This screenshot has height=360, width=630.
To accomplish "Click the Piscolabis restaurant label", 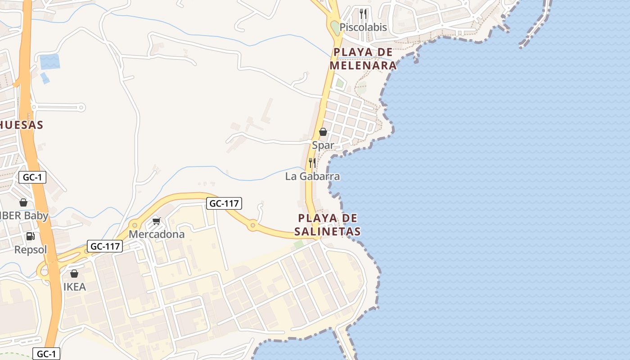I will pyautogui.click(x=363, y=27).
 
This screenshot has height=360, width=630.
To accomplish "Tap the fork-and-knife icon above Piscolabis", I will pyautogui.click(x=363, y=13).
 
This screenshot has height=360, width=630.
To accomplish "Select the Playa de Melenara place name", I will pyautogui.click(x=363, y=59).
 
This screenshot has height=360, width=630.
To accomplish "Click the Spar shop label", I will pyautogui.click(x=323, y=145).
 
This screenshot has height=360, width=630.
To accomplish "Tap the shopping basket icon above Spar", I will pyautogui.click(x=323, y=132).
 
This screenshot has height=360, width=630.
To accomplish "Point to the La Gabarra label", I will pyautogui.click(x=312, y=176).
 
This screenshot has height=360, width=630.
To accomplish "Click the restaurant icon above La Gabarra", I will pyautogui.click(x=312, y=162).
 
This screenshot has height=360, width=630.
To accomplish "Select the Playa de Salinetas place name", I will pyautogui.click(x=327, y=225).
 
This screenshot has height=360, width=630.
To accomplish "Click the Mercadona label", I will pyautogui.click(x=157, y=234).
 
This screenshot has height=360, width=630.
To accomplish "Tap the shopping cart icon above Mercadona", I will pyautogui.click(x=157, y=221).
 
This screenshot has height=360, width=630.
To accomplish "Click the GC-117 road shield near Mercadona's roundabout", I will pyautogui.click(x=224, y=203).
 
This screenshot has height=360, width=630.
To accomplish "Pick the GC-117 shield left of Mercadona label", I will pyautogui.click(x=105, y=246).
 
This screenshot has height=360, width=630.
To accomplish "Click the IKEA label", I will pyautogui.click(x=74, y=287).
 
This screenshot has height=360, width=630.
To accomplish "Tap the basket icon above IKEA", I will pyautogui.click(x=74, y=274).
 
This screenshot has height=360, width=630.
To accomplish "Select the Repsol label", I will pyautogui.click(x=31, y=250).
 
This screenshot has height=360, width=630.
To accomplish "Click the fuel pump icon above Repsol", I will pyautogui.click(x=31, y=236).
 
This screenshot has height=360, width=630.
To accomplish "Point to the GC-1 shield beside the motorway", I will pyautogui.click(x=32, y=177).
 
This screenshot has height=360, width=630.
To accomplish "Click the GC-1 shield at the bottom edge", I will pyautogui.click(x=46, y=354).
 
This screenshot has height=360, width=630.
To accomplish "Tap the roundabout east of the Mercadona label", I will pyautogui.click(x=253, y=225).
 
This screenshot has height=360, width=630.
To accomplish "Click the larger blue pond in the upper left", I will pyautogui.click(x=50, y=61).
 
